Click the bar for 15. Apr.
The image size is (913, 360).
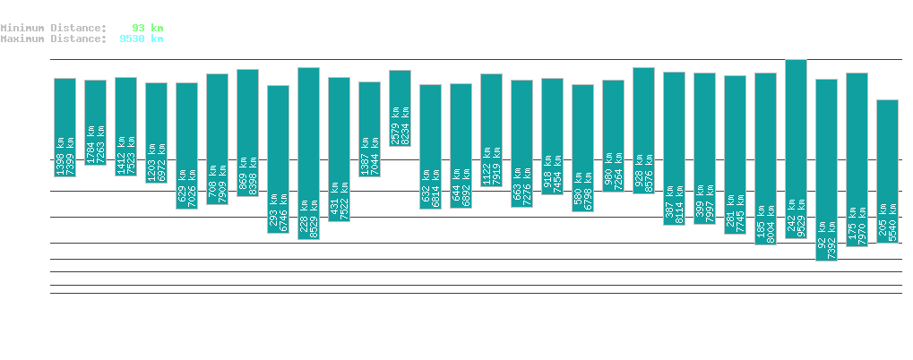[x=826, y=169]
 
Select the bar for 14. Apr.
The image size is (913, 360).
[x=796, y=149]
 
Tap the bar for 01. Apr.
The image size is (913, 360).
[x=400, y=107]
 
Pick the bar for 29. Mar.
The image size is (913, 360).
[x=308, y=153]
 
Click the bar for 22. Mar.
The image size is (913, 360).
[x=95, y=122]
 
